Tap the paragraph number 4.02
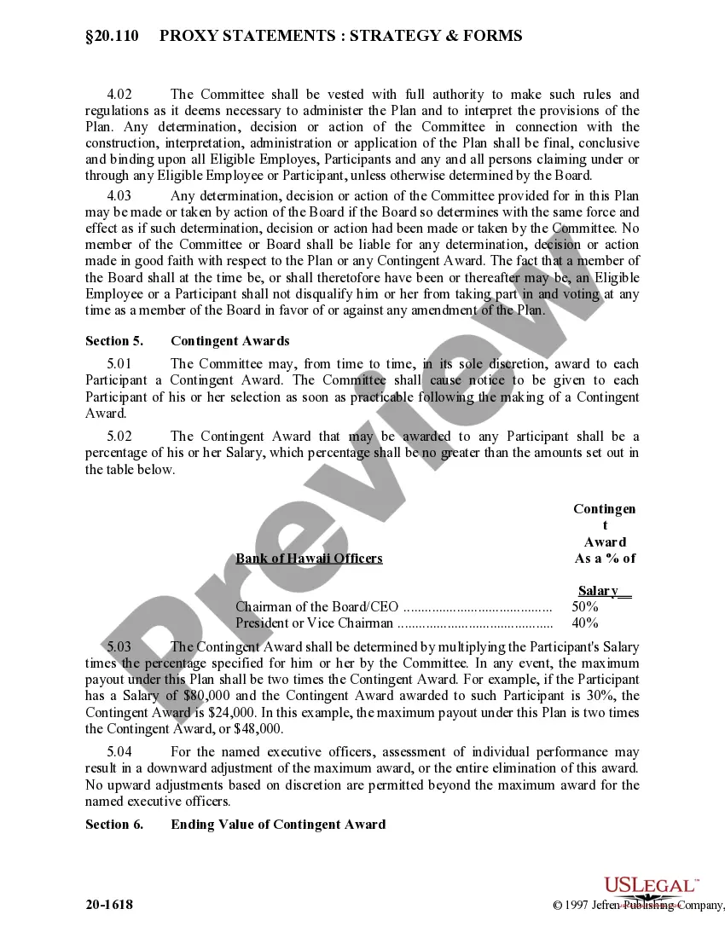(122, 95)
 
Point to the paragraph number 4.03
(122, 197)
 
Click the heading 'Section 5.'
(114, 341)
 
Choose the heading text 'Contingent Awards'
(230, 341)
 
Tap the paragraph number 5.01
(122, 364)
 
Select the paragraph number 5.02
(122, 437)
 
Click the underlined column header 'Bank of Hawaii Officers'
(309, 559)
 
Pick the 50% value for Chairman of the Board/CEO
(585, 607)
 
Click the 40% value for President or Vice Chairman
(585, 623)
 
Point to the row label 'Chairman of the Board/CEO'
(316, 607)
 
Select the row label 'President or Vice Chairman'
(315, 623)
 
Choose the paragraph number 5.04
(122, 752)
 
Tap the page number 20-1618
(109, 905)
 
